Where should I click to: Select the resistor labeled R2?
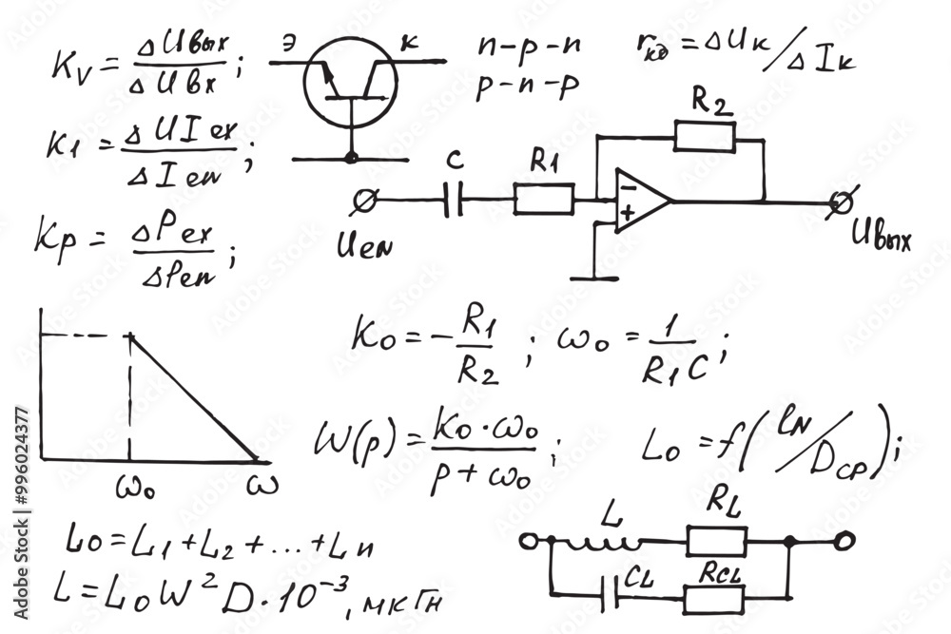coord(705,137)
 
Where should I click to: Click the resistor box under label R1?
coord(544,200)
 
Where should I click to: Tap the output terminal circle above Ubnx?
coord(839,202)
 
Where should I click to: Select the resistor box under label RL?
coord(715,542)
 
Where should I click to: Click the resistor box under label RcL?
coord(713,599)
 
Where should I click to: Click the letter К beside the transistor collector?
coord(410,42)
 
